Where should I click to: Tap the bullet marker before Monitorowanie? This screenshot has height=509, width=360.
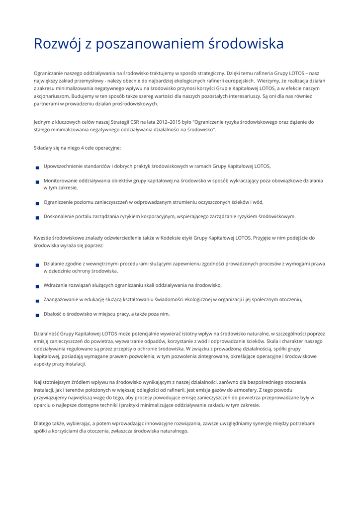[x=37, y=182]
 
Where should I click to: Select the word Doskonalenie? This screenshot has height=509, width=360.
[x=59, y=216]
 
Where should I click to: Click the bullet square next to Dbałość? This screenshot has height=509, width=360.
[x=37, y=315]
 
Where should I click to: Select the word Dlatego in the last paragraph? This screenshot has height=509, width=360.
[x=43, y=423]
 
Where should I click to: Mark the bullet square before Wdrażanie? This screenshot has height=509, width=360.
[x=37, y=286]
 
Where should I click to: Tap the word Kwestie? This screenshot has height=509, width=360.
[x=43, y=238]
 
